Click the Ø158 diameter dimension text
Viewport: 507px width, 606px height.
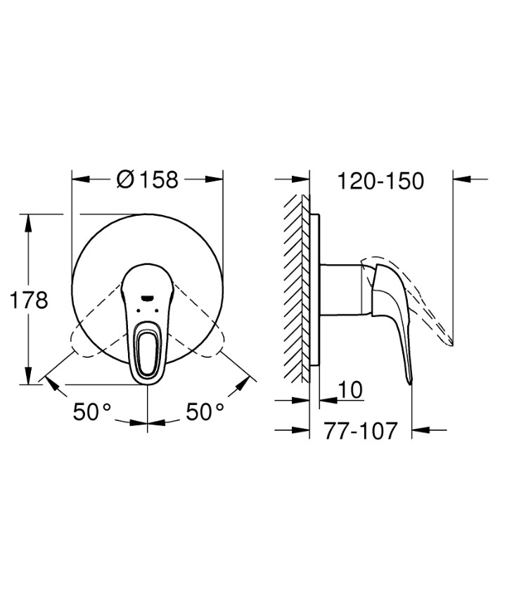(x=147, y=181)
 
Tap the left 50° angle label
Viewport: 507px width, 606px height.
(x=92, y=412)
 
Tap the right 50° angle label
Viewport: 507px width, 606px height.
(x=204, y=412)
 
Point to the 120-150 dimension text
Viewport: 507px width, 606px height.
(x=380, y=181)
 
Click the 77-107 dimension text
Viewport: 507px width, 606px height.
(x=360, y=430)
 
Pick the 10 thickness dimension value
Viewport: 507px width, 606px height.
(x=349, y=390)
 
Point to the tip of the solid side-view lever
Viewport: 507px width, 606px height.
(x=411, y=381)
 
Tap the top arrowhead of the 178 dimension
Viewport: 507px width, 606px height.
(x=29, y=219)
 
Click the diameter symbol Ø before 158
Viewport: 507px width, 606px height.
(x=125, y=181)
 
